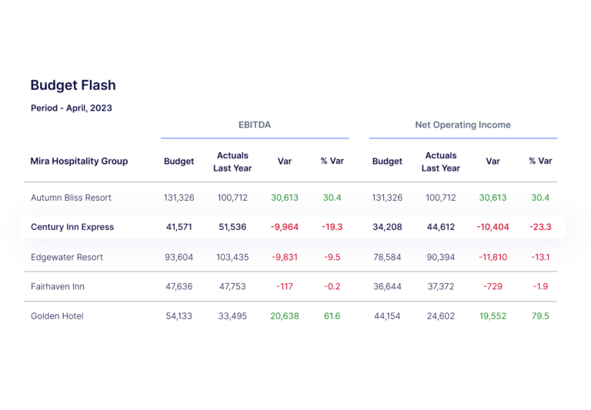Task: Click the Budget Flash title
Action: pos(73,85)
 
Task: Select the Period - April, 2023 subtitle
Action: pos(71,108)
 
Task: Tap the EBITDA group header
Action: pos(254,125)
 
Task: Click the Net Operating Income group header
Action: pos(462,125)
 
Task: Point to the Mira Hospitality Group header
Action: pos(78,162)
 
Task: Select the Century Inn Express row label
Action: pos(72,227)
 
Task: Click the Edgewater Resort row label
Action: pos(67,257)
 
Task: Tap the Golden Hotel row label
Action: pos(57,315)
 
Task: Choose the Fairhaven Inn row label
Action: pos(58,286)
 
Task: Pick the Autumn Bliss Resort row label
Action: pos(71,198)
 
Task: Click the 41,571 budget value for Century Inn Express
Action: pos(179,227)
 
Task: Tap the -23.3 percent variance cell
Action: pos(541,227)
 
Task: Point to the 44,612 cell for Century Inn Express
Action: pos(441,227)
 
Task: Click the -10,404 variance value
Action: pos(492,227)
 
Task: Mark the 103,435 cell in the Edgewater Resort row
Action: pos(232,257)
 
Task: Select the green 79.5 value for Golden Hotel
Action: pos(541,315)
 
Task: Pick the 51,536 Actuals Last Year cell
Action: pos(232,227)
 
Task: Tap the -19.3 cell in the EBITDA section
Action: pos(332,227)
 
